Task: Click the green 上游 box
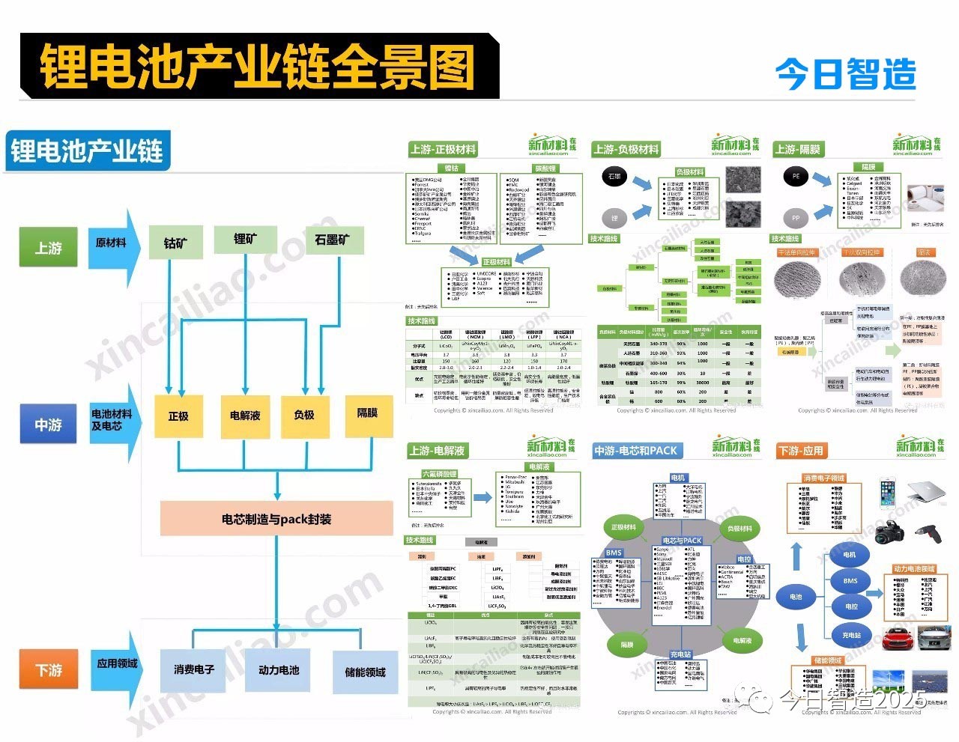coord(48,248)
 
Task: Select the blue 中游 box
coord(48,425)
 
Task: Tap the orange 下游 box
coord(49,669)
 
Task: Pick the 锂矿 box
coord(245,239)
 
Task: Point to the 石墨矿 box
coord(332,240)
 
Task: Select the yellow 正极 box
coord(178,416)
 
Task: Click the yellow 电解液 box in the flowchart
coord(245,416)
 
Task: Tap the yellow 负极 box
coord(304,415)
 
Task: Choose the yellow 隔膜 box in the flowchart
coord(367,413)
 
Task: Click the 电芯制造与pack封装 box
coord(276,519)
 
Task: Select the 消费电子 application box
coord(193,669)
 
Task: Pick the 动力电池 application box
coord(279,670)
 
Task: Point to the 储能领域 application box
coord(365,672)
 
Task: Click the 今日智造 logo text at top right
coord(845,74)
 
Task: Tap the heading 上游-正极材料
coord(443,149)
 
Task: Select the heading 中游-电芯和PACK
coord(635,451)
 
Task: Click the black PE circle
coord(796,177)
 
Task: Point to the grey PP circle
coord(796,218)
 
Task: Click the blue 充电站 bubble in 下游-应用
coord(851,636)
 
